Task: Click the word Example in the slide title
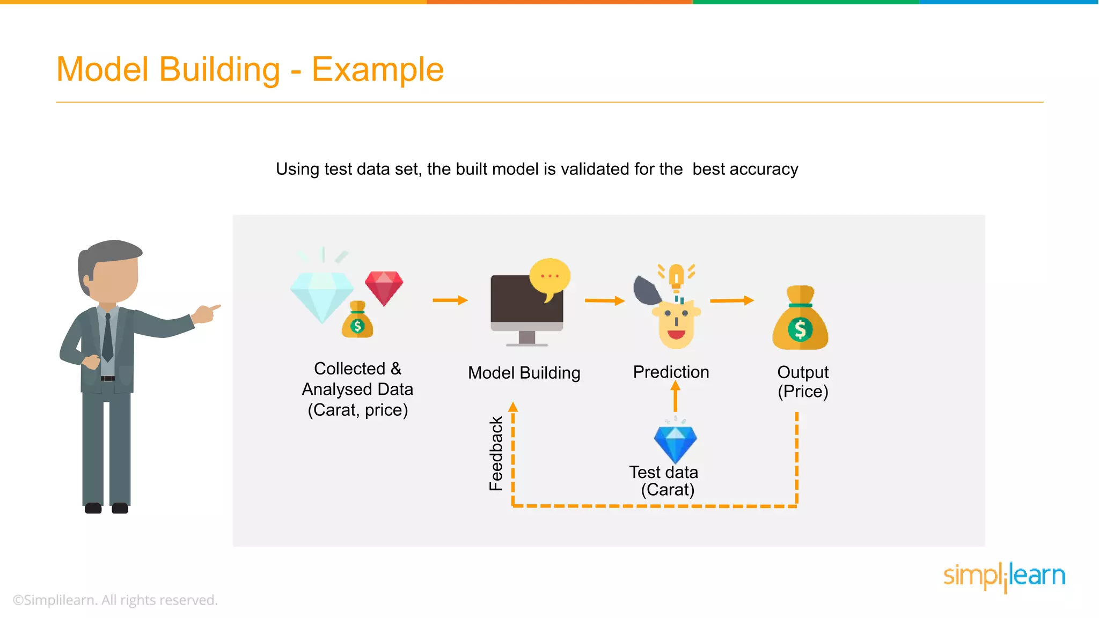pos(377,70)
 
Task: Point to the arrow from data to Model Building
pos(450,300)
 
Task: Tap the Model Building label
pos(524,372)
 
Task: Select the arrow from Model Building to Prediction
pos(604,300)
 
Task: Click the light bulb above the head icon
pos(676,277)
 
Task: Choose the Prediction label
pos(671,372)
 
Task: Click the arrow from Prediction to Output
pos(731,300)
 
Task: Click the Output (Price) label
pos(803,381)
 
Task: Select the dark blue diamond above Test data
pos(675,443)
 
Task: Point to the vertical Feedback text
pos(496,453)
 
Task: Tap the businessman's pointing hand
pos(207,313)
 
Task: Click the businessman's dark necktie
pos(107,338)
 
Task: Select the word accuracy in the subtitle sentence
pos(764,169)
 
